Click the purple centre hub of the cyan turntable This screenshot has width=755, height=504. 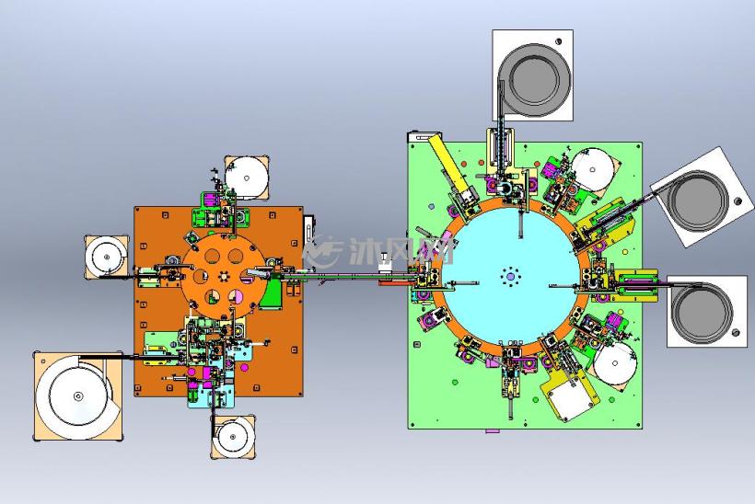coord(510,277)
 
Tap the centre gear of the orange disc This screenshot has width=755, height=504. coord(224,277)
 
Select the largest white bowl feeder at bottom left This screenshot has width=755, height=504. coord(78,395)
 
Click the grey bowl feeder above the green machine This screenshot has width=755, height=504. coord(533,80)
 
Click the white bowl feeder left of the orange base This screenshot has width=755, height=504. coord(106,258)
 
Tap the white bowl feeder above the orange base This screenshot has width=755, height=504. coord(247,177)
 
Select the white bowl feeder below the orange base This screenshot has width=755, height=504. coord(234,438)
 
